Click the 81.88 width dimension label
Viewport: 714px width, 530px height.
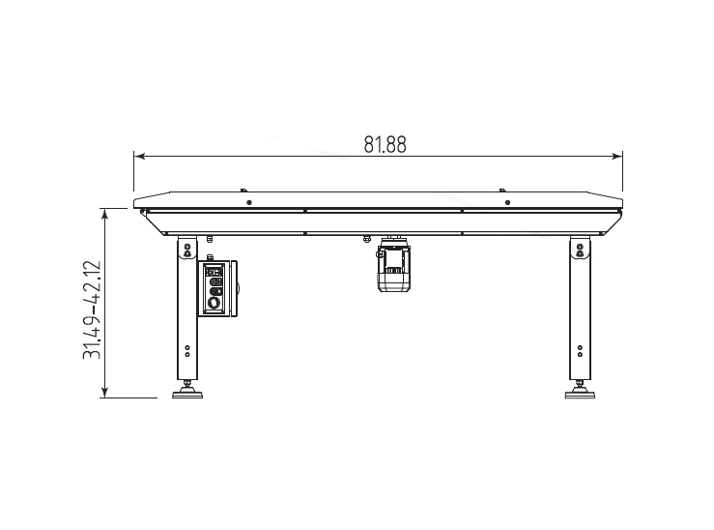385,144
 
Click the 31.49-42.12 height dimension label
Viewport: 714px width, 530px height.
92,309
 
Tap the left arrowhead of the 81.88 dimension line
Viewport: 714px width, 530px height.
140,157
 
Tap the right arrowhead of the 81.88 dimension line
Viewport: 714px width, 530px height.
617,157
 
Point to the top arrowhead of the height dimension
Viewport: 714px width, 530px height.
105,214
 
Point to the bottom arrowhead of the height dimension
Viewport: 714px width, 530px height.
105,393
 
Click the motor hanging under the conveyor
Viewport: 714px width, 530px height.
394,265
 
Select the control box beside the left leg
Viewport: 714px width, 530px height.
217,288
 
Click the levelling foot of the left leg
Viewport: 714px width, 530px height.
187,392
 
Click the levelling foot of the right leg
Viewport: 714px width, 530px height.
580,392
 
